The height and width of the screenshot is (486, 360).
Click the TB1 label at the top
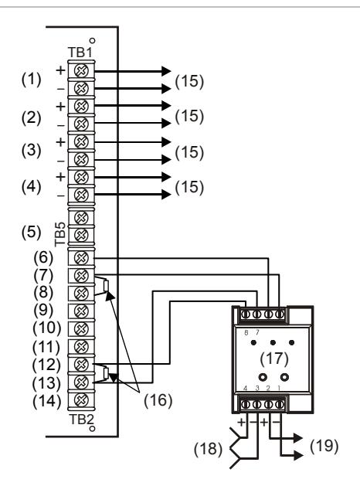click(x=80, y=53)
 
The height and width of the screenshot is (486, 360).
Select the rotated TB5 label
click(x=60, y=234)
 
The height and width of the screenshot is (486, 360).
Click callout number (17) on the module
click(x=274, y=359)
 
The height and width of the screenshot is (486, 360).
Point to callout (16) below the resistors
click(x=158, y=400)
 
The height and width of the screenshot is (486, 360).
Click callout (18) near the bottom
click(x=208, y=449)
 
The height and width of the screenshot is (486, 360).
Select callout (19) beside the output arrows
click(x=324, y=446)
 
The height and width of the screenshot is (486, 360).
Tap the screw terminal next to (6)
click(x=81, y=258)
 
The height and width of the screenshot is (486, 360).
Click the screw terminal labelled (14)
click(x=81, y=399)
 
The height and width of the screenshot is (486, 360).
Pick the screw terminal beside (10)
click(x=81, y=328)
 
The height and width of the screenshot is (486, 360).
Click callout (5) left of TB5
click(x=31, y=232)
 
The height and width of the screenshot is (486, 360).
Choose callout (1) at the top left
click(x=31, y=80)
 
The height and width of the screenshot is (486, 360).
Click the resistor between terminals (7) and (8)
click(x=106, y=285)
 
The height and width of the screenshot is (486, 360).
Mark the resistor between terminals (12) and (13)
click(x=106, y=373)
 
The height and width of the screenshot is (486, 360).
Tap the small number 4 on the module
click(x=246, y=388)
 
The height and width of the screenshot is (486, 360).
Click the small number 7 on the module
click(x=257, y=332)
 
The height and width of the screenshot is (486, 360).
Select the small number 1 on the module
click(x=279, y=388)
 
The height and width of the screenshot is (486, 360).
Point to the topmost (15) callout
click(x=189, y=82)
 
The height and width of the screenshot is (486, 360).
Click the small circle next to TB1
click(x=92, y=41)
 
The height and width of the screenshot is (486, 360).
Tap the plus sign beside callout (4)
click(x=61, y=177)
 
